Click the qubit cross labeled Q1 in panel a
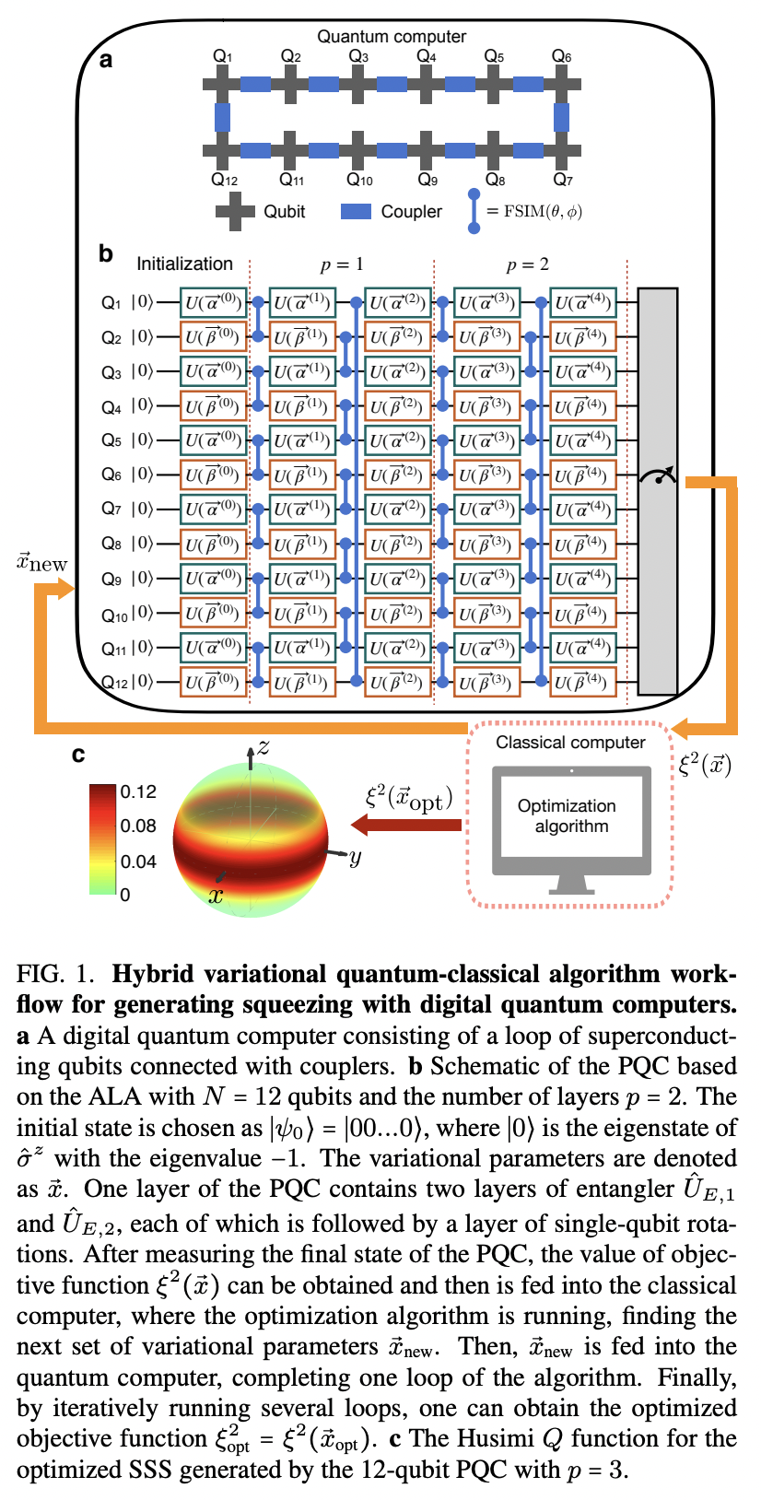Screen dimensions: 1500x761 point(223,85)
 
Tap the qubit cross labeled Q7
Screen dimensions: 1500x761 point(562,150)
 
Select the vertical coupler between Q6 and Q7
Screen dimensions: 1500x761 point(562,118)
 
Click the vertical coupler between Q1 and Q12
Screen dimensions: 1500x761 point(223,118)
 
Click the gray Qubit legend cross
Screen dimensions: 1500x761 point(235,212)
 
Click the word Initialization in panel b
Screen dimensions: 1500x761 point(184,264)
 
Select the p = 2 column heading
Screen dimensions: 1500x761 point(527,264)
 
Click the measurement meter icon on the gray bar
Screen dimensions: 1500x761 point(658,475)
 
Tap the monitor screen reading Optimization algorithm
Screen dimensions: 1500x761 point(571,816)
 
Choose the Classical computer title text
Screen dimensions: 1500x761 point(570,743)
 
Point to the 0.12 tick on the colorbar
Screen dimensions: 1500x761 point(137,792)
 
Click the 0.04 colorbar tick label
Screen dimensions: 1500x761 point(137,861)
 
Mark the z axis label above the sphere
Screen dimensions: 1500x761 point(263,747)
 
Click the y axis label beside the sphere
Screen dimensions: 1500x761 point(354,858)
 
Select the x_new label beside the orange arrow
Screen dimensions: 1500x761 point(42,562)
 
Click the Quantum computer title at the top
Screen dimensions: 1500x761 point(392,37)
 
